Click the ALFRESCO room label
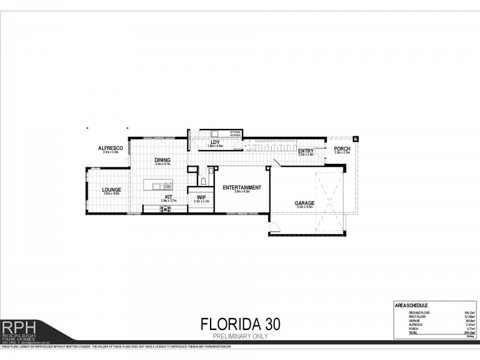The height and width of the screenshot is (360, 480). point(110,148)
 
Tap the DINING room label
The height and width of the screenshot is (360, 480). point(162,160)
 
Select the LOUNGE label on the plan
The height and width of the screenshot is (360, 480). point(112,190)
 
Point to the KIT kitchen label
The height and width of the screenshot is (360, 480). point(169,196)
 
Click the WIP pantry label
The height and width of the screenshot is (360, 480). point(201,197)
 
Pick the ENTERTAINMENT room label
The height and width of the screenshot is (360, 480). point(242,188)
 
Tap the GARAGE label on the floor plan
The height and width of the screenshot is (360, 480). point(304,203)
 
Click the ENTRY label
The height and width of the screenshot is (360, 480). point(306,151)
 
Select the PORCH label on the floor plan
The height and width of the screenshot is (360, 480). point(342,149)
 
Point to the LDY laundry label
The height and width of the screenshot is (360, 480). point(214,142)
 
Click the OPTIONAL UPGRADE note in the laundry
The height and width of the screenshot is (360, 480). point(235,134)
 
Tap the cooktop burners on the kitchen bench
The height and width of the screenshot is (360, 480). point(166,209)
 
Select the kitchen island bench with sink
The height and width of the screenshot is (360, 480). point(157,184)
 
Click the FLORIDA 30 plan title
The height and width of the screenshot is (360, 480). point(239,325)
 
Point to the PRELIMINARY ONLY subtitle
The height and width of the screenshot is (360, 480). point(239,337)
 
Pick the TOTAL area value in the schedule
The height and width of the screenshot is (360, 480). point(461,333)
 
